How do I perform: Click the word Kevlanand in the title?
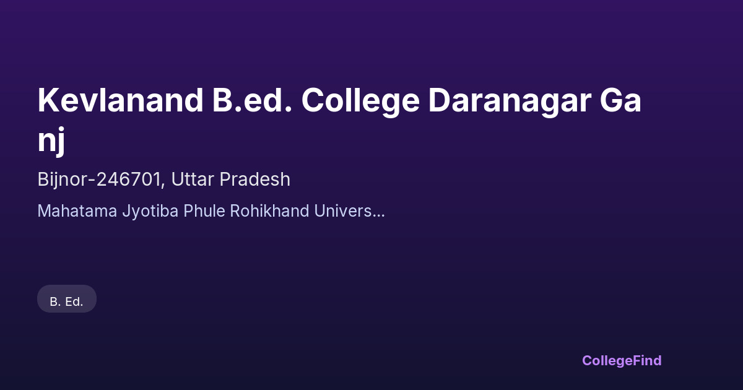(120, 100)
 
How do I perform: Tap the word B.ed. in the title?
(252, 100)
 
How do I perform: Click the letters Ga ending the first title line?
(620, 100)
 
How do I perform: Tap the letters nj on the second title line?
(51, 141)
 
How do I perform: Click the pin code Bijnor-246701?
(99, 180)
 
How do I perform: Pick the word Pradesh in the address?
(254, 180)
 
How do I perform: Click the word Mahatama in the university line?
(77, 211)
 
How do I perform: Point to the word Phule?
(204, 211)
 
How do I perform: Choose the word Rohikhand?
(270, 211)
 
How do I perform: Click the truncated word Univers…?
(349, 211)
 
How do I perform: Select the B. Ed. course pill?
(67, 299)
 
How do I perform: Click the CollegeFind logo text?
(622, 361)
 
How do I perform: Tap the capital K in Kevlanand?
(48, 100)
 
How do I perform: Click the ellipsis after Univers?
(379, 216)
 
